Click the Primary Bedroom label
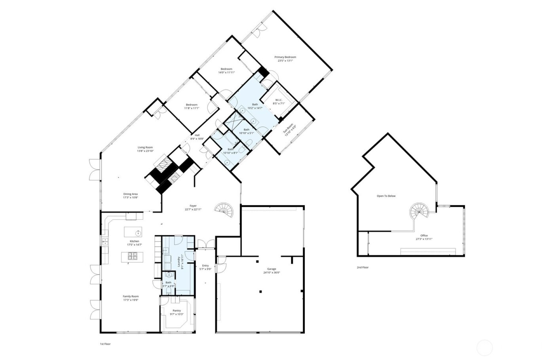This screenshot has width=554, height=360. pyautogui.click(x=285, y=57)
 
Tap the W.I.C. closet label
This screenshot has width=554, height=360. pyautogui.click(x=279, y=100)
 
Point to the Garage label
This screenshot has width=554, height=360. pyautogui.click(x=271, y=269)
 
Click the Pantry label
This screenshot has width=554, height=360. pyautogui.click(x=176, y=310)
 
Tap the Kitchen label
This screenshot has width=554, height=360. pyautogui.click(x=135, y=241)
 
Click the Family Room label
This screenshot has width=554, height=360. pyautogui.click(x=131, y=296)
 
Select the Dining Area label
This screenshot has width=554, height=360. pyautogui.click(x=130, y=194)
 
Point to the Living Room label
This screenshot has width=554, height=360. pyautogui.click(x=145, y=147)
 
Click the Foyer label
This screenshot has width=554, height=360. pyautogui.click(x=193, y=206)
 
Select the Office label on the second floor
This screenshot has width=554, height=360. pyautogui.click(x=424, y=236)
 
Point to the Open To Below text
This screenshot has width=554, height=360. pyautogui.click(x=386, y=196)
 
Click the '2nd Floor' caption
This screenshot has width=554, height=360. pyautogui.click(x=362, y=267)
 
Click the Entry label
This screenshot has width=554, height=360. pyautogui.click(x=205, y=266)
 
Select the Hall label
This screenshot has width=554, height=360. pyautogui.click(x=197, y=135)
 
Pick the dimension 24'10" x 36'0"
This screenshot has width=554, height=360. pyautogui.click(x=271, y=272)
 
